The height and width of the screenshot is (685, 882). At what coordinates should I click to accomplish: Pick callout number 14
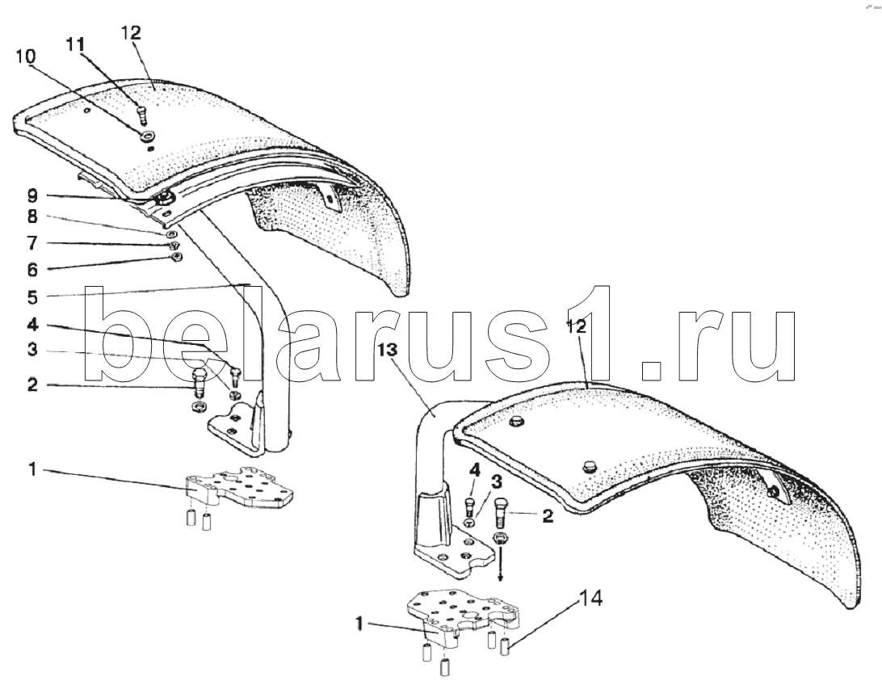coord(591,599)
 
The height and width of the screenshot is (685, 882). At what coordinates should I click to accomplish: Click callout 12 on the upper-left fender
coord(131,33)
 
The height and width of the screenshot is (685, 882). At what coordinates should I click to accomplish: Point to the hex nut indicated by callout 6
coord(178,257)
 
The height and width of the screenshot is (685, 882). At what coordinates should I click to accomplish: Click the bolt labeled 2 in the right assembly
coord(499,511)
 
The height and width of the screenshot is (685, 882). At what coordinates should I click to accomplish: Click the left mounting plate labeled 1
coord(239,490)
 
